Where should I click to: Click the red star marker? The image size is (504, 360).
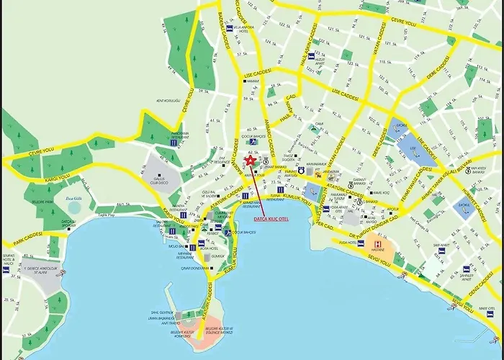pyautogui.click(x=250, y=162)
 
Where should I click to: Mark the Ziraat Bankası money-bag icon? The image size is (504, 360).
pyautogui.click(x=266, y=161)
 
